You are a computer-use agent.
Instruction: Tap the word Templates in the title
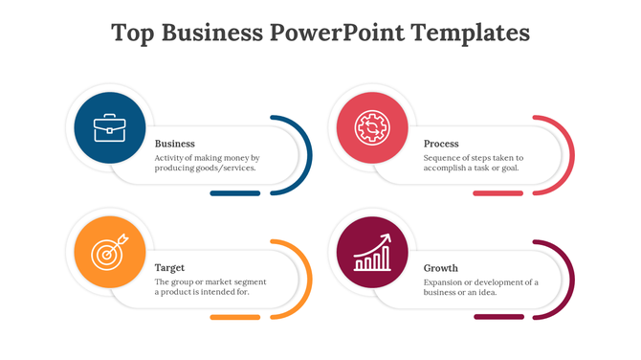pyautogui.click(x=470, y=33)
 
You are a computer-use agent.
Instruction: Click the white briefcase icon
pyautogui.click(x=111, y=127)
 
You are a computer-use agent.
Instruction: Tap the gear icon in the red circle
pyautogui.click(x=370, y=127)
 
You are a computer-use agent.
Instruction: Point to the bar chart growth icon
pyautogui.click(x=372, y=254)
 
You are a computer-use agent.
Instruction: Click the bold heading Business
pyautogui.click(x=175, y=144)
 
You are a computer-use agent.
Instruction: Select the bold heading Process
pyautogui.click(x=442, y=144)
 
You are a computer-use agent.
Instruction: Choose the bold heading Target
pyautogui.click(x=170, y=267)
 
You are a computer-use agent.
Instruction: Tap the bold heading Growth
pyautogui.click(x=441, y=268)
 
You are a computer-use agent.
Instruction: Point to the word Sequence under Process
pyautogui.click(x=446, y=157)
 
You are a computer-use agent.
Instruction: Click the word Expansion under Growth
pyautogui.click(x=448, y=281)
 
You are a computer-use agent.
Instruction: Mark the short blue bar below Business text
pyautogui.click(x=234, y=193)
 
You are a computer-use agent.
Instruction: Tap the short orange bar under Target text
pyautogui.click(x=234, y=317)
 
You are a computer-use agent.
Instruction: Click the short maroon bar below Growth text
pyautogui.click(x=498, y=317)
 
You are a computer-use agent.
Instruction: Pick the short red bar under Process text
pyautogui.click(x=498, y=193)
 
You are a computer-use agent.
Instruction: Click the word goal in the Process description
pyautogui.click(x=510, y=168)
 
